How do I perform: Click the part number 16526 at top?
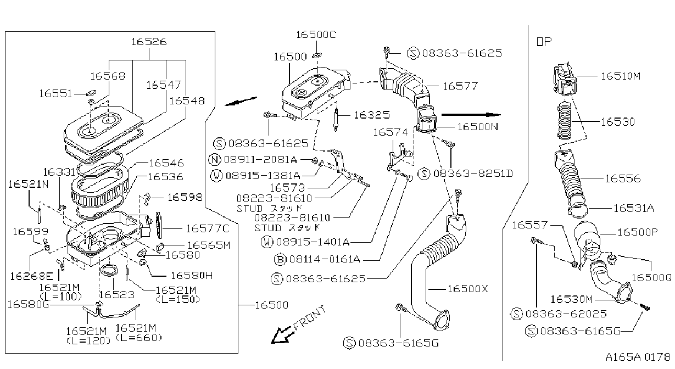149,42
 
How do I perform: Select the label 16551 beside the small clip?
56,94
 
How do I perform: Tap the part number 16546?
166,163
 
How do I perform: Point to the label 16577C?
207,228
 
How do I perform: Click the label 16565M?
209,245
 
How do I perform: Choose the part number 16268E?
32,276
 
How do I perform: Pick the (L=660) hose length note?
139,338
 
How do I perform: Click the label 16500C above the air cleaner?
316,35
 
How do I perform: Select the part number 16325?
372,115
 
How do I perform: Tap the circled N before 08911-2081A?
215,159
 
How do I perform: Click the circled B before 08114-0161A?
280,259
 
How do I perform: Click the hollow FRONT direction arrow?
282,336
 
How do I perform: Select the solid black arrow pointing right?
471,114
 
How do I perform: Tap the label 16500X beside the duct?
467,289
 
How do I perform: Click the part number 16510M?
621,76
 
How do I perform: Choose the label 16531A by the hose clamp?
634,208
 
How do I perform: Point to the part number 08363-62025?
566,314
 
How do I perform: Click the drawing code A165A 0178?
638,357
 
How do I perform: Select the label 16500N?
478,127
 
